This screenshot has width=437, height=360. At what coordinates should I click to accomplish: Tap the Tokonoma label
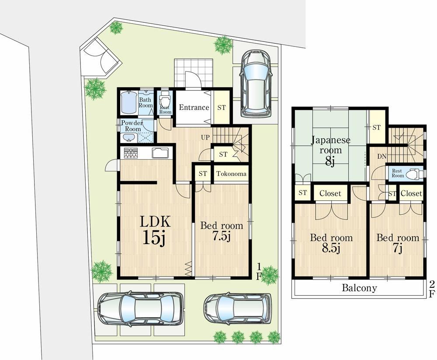(x=231, y=174)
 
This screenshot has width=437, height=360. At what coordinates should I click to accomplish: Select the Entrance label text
(x=194, y=108)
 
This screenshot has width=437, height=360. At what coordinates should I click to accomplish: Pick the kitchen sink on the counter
(x=160, y=153)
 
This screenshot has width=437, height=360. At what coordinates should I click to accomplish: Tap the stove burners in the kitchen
(x=131, y=153)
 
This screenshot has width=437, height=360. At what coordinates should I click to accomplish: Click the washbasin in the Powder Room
(x=128, y=138)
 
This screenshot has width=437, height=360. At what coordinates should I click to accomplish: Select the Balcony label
(x=360, y=288)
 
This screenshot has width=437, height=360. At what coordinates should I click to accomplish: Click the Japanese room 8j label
(x=330, y=151)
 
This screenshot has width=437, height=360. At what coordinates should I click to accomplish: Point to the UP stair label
(x=205, y=137)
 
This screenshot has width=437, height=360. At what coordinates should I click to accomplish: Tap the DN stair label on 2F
(x=382, y=157)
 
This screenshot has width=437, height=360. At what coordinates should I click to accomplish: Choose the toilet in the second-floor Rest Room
(x=414, y=174)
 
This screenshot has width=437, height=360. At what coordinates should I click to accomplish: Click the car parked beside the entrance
(x=256, y=84)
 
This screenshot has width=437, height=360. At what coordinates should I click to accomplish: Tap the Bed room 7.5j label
(x=222, y=231)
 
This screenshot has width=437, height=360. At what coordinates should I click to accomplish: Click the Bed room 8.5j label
(x=331, y=243)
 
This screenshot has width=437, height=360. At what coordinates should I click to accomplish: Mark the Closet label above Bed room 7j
(x=411, y=193)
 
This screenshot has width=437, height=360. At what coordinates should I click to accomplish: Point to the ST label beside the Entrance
(x=222, y=108)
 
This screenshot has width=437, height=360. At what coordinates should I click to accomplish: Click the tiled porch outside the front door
(x=194, y=73)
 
